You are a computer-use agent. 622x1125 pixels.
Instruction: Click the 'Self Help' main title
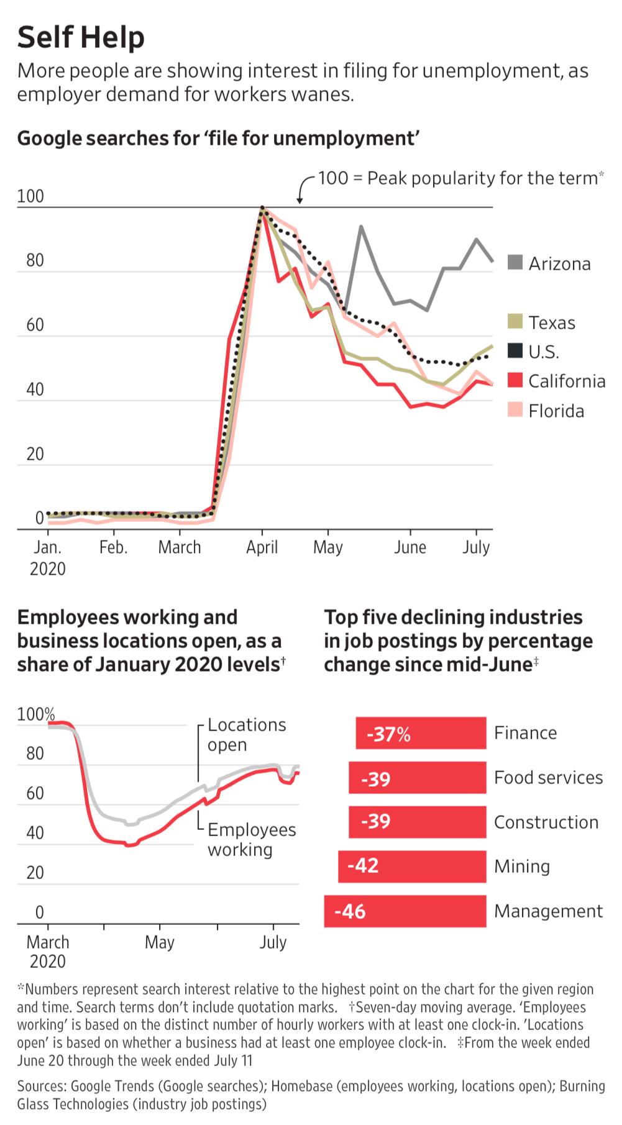click(x=81, y=37)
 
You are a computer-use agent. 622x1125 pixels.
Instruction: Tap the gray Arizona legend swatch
click(x=515, y=262)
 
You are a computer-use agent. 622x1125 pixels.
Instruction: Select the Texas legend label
click(x=552, y=323)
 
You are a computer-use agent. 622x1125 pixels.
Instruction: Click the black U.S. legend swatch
click(x=515, y=351)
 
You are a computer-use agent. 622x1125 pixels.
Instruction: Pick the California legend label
click(x=567, y=381)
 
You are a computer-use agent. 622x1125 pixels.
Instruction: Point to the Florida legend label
click(x=556, y=411)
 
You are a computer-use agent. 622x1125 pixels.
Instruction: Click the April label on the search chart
click(x=262, y=547)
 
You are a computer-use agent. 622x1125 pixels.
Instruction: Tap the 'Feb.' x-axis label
click(x=113, y=547)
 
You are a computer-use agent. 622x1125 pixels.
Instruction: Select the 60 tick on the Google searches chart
click(x=35, y=325)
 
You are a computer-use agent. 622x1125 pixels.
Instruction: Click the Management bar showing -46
click(x=405, y=911)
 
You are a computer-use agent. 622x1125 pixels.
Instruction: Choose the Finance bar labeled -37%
click(x=421, y=734)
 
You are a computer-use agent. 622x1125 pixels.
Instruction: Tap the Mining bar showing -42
click(x=412, y=866)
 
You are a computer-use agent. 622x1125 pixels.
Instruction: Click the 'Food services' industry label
click(x=548, y=778)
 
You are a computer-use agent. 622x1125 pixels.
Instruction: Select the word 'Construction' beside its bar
click(x=546, y=822)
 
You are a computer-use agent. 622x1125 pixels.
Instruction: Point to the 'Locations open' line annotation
click(x=247, y=734)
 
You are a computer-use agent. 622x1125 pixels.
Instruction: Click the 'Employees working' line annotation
click(x=252, y=839)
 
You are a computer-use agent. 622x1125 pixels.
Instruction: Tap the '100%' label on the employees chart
click(x=35, y=714)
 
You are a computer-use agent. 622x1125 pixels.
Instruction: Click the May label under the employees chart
click(x=160, y=942)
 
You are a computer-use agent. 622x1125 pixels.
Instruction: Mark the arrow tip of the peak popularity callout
click(x=300, y=203)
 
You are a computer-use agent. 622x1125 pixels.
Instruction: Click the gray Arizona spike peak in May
click(x=361, y=227)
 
